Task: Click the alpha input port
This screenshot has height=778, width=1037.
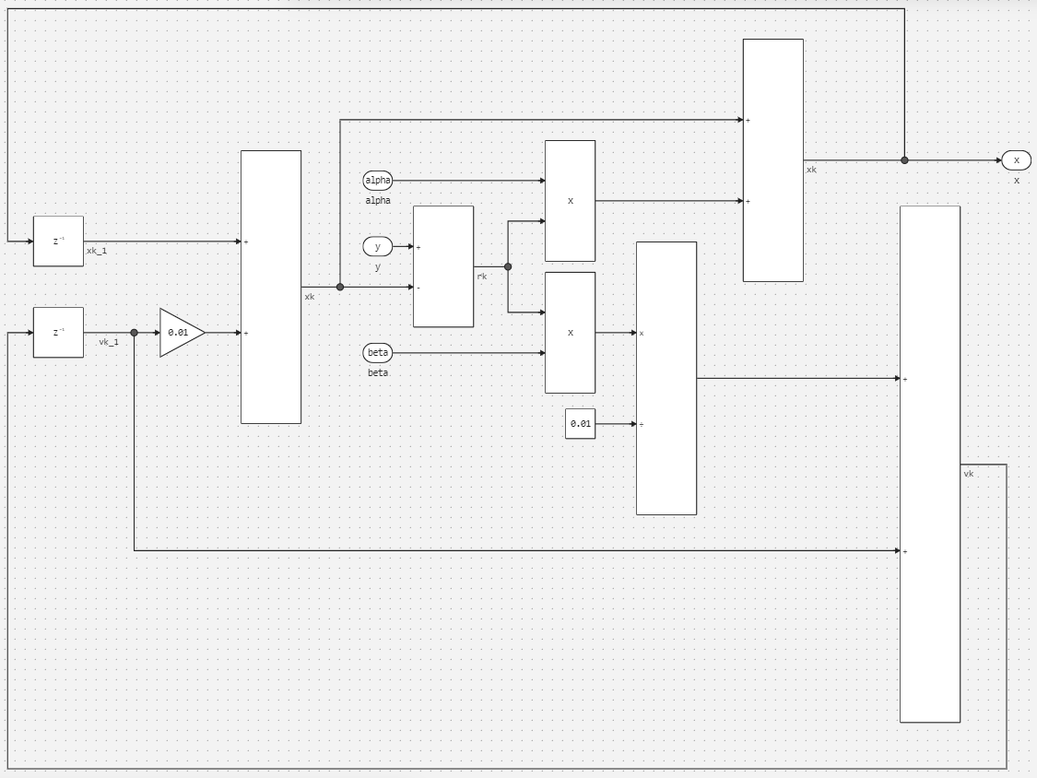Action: tap(378, 181)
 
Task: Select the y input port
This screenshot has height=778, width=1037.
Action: tap(378, 246)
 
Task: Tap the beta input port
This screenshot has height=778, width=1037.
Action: tap(378, 353)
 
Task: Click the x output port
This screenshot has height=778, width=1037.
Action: tap(1016, 160)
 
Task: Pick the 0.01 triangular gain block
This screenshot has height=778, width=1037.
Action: tap(180, 333)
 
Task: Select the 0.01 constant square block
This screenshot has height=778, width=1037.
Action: tap(580, 424)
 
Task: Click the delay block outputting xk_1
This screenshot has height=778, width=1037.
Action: tap(58, 242)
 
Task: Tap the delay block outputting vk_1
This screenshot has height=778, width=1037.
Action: tap(58, 333)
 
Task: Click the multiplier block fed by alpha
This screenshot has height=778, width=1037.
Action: tap(570, 201)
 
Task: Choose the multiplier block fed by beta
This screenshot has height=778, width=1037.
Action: tap(570, 333)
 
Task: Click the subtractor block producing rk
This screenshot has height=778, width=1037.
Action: tap(443, 266)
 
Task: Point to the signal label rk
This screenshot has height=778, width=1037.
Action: tap(482, 277)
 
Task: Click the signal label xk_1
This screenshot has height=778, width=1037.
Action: tap(97, 251)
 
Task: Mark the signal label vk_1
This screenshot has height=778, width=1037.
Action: tap(109, 342)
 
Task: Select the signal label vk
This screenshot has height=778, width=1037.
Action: tap(969, 474)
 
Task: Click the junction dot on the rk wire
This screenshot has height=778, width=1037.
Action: tap(508, 266)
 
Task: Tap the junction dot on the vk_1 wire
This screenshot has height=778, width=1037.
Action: tap(135, 333)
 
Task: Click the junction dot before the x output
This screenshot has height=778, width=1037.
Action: tap(904, 160)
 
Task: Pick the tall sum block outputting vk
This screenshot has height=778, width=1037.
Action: tap(929, 464)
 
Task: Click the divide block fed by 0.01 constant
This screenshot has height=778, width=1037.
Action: tap(666, 378)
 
